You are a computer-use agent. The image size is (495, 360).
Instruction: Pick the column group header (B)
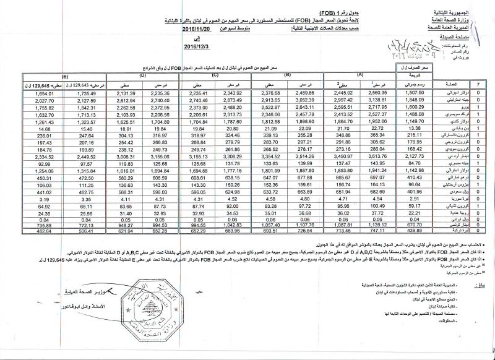(287, 75)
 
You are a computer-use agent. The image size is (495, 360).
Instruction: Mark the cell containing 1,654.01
(28, 93)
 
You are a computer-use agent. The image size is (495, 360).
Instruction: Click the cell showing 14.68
(28, 126)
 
